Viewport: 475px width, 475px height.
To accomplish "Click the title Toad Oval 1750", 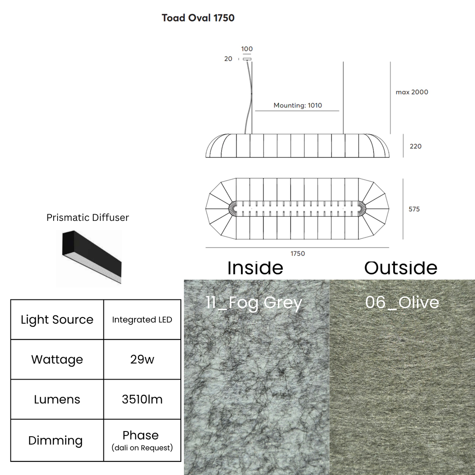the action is click(198, 18).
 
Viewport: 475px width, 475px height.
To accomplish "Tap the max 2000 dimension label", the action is click(412, 92).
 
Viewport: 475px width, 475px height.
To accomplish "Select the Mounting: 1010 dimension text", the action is click(298, 106).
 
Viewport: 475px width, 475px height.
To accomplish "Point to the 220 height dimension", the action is click(416, 146).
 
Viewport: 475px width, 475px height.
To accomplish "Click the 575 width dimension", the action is click(414, 209).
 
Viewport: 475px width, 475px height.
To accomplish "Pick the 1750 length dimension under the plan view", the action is click(298, 254).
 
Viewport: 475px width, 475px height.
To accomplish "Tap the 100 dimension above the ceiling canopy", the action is click(247, 49).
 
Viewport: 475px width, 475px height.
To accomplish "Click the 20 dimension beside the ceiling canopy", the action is click(228, 59).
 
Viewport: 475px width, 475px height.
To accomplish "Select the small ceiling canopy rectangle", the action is click(247, 59).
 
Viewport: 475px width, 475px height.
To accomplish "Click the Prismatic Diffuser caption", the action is click(88, 218).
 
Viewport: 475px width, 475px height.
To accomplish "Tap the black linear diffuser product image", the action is click(92, 257).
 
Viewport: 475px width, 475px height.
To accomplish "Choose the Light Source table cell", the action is click(57, 320).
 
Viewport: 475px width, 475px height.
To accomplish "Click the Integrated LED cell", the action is click(142, 320).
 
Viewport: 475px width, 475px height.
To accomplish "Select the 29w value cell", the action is click(142, 359).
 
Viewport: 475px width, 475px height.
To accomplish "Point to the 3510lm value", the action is click(142, 399).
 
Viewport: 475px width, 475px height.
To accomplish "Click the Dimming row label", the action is click(55, 440).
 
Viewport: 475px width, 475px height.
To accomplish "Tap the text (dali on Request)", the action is click(142, 448).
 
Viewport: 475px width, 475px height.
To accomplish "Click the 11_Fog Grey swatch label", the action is click(254, 303).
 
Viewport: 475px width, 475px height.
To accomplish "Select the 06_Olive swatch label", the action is click(402, 302).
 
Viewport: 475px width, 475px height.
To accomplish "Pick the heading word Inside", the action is click(256, 268).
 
